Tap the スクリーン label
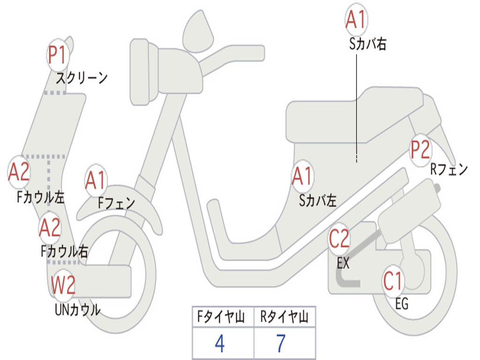(82, 78)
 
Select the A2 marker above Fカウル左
(19, 172)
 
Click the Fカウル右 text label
(64, 251)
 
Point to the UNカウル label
(78, 310)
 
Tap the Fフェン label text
(117, 202)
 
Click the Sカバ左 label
(318, 201)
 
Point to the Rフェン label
(449, 169)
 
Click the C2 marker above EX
(339, 239)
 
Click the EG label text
(402, 304)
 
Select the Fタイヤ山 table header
(221, 317)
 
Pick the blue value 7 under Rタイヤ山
(281, 344)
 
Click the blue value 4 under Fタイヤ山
(220, 344)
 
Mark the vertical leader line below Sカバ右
(356, 108)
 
